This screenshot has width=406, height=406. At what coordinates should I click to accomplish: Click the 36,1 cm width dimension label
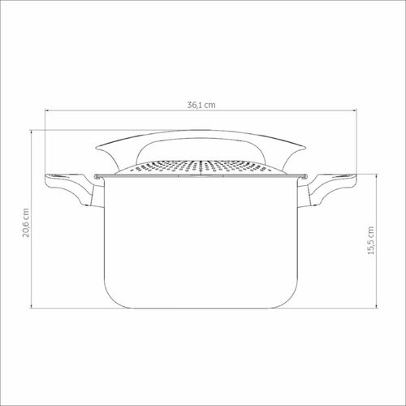click(x=201, y=105)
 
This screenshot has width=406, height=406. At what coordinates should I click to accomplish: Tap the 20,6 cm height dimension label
click(x=26, y=222)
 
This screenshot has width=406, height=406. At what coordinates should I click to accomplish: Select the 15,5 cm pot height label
click(x=371, y=240)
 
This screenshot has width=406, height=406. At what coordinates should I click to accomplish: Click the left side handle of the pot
click(x=74, y=190)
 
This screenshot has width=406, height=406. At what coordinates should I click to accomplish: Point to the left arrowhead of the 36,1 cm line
click(x=46, y=110)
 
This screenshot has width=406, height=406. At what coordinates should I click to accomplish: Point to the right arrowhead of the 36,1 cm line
click(x=354, y=110)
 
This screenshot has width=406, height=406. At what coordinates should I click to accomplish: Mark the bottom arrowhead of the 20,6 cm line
click(x=32, y=306)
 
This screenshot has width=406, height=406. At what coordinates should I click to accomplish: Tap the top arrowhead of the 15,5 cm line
click(x=377, y=176)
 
